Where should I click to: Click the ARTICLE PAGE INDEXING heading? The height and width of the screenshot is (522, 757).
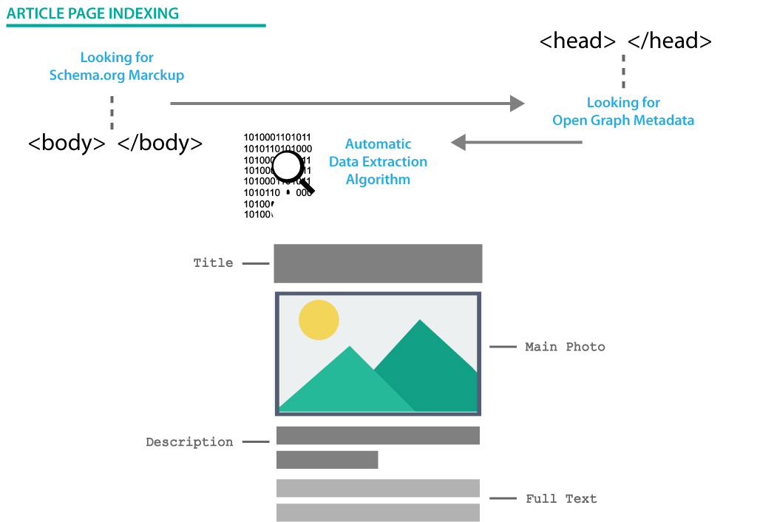coord(92,13)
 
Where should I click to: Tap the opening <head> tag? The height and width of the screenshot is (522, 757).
coord(577,41)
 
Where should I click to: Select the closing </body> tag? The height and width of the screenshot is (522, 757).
coord(160,143)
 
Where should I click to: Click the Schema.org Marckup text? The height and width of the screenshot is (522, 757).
coord(117,75)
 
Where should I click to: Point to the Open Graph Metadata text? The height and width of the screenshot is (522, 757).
coord(623,121)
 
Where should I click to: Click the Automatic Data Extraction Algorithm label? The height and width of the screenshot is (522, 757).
coord(378,162)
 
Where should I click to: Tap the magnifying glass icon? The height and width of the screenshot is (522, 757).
coord(290,169)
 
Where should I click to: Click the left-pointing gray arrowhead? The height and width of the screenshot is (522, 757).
coord(458,142)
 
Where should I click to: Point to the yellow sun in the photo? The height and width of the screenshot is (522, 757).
coord(319,320)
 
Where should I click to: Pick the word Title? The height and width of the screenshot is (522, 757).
coord(213,262)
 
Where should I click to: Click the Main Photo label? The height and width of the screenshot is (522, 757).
coord(565,346)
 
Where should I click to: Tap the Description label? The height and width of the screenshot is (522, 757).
coord(189,442)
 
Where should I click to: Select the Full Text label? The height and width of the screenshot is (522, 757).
coord(561,498)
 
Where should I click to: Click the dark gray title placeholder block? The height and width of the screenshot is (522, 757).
coord(378,263)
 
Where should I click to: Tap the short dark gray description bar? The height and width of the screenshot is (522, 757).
coord(327,460)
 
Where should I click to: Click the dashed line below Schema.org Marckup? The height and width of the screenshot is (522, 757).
coord(112,112)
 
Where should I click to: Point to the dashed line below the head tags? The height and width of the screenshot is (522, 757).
coord(623,72)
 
